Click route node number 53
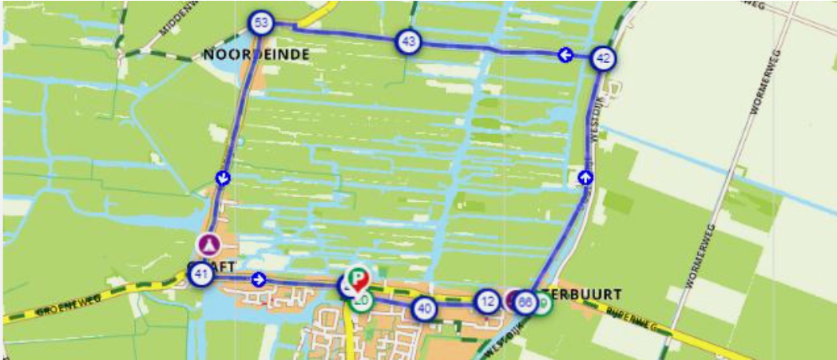pos(260,22)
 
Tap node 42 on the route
pos(604,57)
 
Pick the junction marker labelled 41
pos(201,276)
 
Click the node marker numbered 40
pos(424,308)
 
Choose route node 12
pos(488,301)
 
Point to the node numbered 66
pos(525,303)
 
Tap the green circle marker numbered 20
pos(362,301)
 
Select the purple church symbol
pos(208,243)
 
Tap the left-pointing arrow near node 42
pos(564,54)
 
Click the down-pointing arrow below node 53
pos(224,177)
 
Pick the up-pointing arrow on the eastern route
pos(586,177)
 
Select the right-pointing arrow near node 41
pos(258,279)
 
